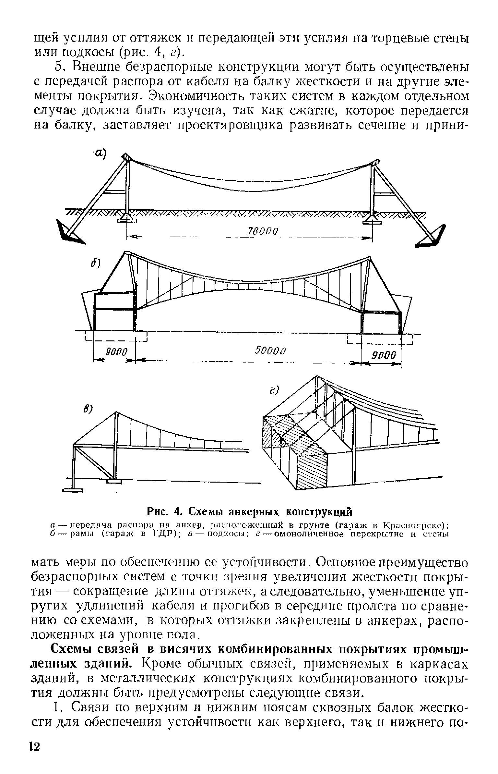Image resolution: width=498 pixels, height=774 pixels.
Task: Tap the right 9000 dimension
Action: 383,355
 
